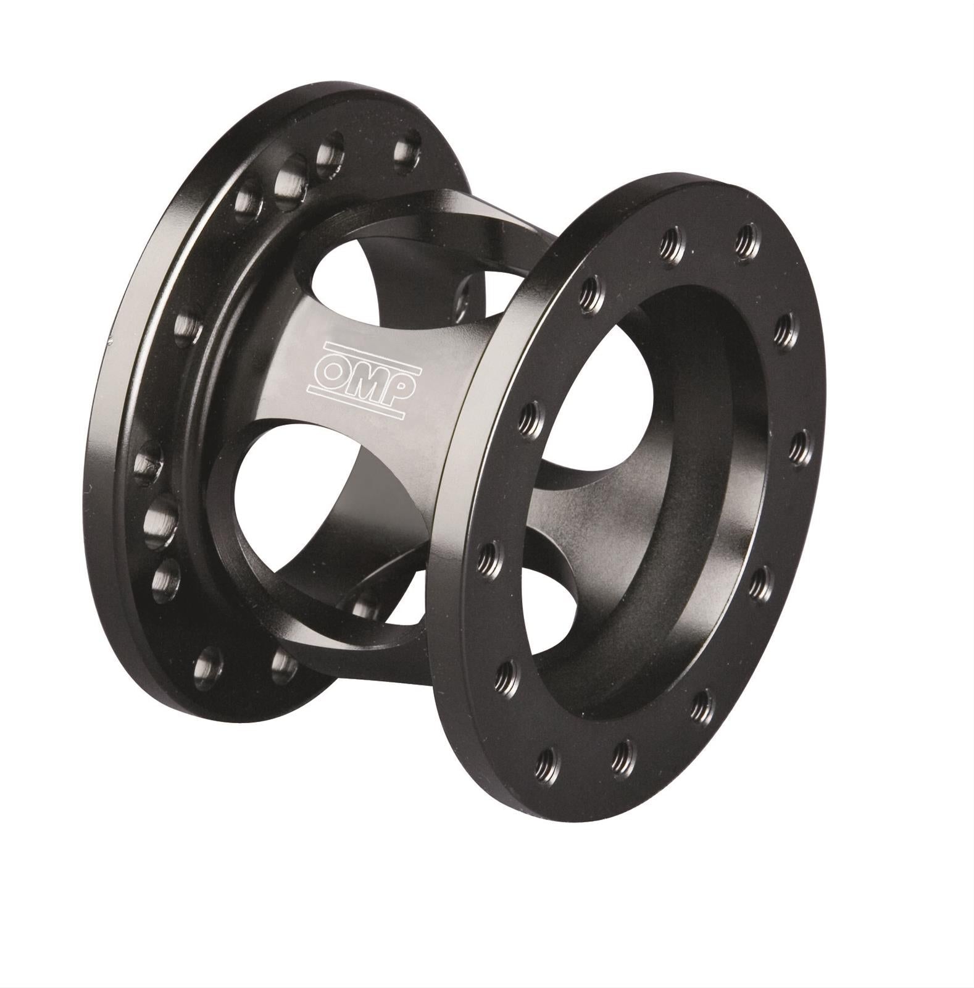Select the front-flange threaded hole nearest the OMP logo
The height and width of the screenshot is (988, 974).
pyautogui.click(x=531, y=420)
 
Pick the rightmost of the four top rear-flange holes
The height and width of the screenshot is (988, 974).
pyautogui.click(x=406, y=151)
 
